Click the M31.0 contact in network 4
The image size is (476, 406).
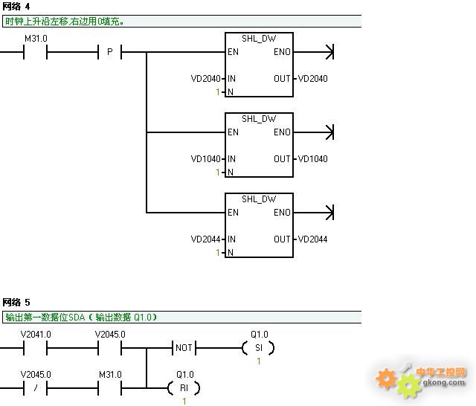[x=35, y=52]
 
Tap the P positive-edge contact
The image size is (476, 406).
[x=109, y=52]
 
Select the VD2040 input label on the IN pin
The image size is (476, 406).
[x=205, y=79]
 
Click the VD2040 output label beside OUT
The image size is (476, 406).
[x=312, y=79]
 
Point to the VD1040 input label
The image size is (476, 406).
[x=205, y=158]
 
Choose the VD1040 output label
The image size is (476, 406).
[x=312, y=158]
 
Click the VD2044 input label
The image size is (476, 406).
[x=205, y=239]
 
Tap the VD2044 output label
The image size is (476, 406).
[x=312, y=239]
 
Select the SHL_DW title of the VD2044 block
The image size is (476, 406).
[x=259, y=199]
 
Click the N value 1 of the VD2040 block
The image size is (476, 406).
[x=218, y=91]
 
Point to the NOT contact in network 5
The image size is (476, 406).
[x=184, y=348]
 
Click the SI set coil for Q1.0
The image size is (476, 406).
[x=258, y=348]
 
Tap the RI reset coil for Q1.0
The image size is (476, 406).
[x=184, y=388]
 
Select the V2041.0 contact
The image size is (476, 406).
[x=35, y=348]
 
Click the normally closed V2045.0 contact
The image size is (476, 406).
[x=35, y=388]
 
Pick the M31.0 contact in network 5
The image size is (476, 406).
[x=109, y=388]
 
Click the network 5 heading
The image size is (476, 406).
[x=16, y=302]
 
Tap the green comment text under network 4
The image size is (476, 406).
[x=65, y=22]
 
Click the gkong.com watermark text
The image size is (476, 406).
[x=444, y=382]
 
